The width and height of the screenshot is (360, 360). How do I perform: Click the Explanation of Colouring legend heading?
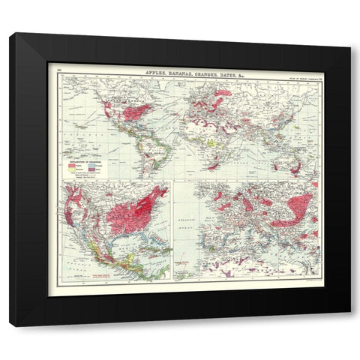click(x=84, y=162)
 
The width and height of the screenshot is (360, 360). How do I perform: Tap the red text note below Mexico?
click(x=103, y=275)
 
